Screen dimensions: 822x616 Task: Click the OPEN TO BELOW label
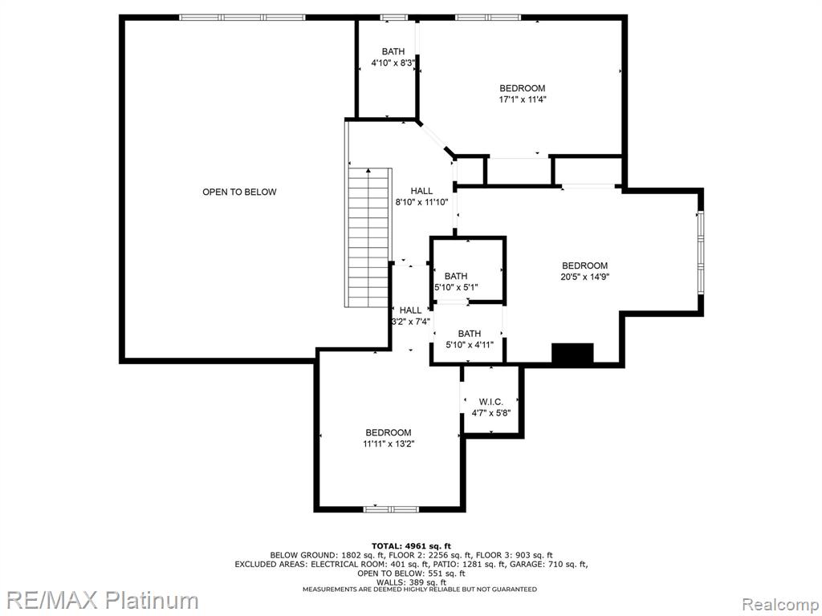point(239,192)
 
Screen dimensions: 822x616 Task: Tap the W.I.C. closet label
point(491,402)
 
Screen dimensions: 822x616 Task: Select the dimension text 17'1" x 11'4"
point(522,99)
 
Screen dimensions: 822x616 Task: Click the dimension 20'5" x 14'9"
point(584,277)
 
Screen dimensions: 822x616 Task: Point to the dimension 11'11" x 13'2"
point(389,444)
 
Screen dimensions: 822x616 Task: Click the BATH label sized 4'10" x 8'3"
point(393,51)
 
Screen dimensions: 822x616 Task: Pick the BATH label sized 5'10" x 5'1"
point(456,276)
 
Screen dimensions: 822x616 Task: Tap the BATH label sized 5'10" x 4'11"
point(469,334)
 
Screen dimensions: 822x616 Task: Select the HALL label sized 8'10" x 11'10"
point(421,191)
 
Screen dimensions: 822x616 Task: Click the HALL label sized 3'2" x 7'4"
point(410,310)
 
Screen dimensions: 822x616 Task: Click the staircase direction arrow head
point(369,171)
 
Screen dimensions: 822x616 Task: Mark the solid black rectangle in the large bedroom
point(572,353)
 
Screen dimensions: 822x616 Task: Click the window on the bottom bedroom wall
point(392,509)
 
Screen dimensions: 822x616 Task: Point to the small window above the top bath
point(393,18)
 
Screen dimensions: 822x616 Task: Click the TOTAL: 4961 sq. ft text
point(411,545)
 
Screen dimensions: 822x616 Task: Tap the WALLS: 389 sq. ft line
point(411,582)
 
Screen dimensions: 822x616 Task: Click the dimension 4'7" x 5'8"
point(491,413)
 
